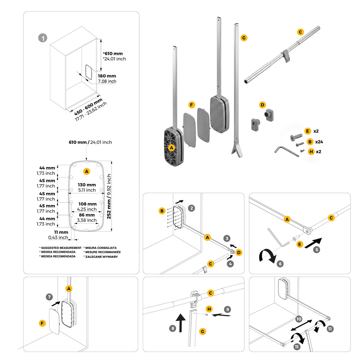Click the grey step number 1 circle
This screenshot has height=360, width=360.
point(43,38)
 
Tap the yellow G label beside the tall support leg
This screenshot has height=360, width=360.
point(244,38)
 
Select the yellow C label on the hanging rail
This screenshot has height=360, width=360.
point(300,32)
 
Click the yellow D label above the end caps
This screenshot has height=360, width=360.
point(262,105)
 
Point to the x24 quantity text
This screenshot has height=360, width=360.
point(319,142)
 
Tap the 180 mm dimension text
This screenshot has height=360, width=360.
point(107,76)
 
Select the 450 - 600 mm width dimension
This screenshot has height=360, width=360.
point(88,107)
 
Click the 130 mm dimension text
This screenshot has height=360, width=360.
point(87,185)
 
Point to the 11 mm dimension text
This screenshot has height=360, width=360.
point(61,232)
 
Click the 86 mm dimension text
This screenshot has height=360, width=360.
point(87,215)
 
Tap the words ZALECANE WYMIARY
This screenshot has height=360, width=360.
point(102,257)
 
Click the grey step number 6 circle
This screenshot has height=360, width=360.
point(280,264)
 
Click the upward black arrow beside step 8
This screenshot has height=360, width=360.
point(181,323)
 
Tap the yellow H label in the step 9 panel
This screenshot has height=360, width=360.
point(209,309)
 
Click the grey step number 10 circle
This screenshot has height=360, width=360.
point(299,319)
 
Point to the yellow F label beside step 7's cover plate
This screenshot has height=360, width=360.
point(42,323)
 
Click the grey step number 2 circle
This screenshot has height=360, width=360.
point(192,208)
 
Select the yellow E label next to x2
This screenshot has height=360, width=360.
point(308,131)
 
